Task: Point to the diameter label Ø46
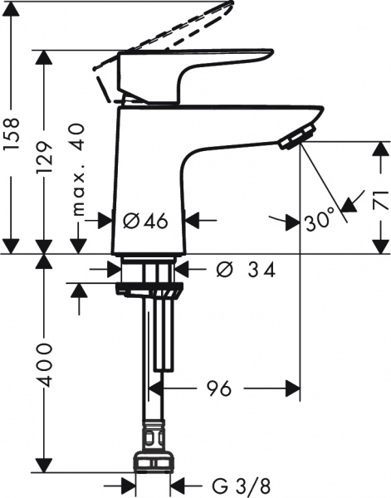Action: [146, 221]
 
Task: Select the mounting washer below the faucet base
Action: [149, 290]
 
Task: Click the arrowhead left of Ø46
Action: [105, 221]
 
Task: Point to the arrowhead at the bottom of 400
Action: [42, 466]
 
